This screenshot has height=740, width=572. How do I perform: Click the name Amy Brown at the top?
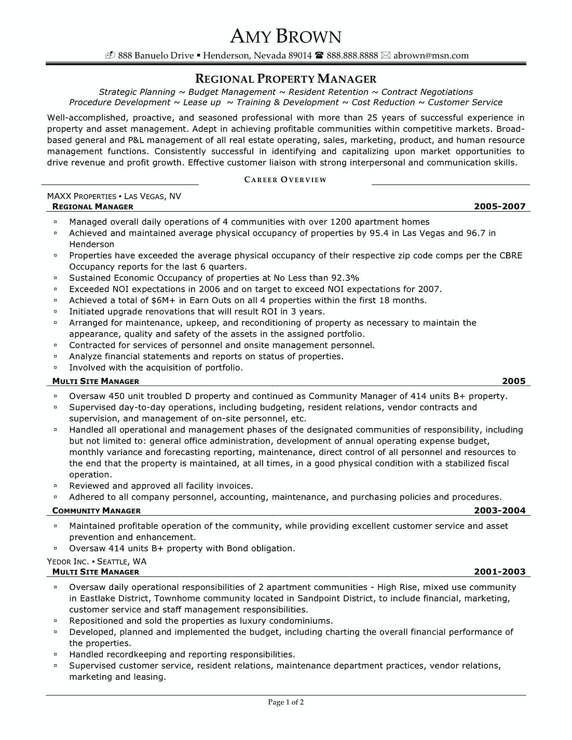pos(285,36)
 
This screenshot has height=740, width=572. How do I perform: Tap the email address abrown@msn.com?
pos(431,56)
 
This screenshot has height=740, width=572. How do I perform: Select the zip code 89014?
pos(300,56)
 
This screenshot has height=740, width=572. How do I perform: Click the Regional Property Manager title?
pos(285,79)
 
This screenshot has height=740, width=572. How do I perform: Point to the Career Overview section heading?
pos(285,180)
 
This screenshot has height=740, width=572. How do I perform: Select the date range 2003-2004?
pos(499,511)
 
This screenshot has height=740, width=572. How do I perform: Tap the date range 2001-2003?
pos(499,572)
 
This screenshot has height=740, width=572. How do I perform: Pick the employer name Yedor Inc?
pos(68,561)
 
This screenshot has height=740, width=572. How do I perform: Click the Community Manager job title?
pos(97,511)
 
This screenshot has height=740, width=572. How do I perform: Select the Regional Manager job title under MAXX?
pos(93,207)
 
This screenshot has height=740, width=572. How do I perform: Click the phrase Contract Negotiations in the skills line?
pos(427,92)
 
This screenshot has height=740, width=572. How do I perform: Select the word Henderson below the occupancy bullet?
pos(92,244)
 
